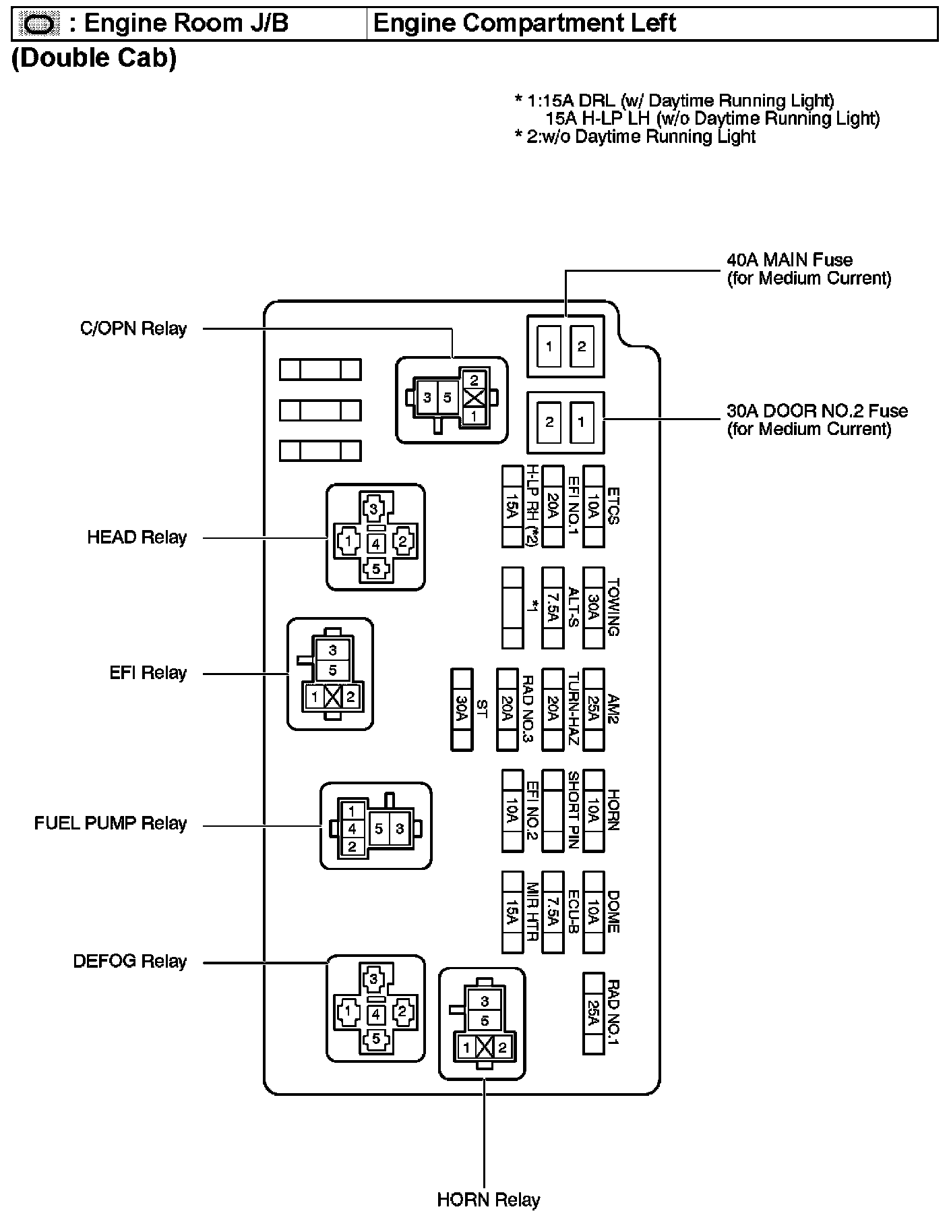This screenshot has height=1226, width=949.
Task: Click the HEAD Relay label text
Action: click(x=137, y=537)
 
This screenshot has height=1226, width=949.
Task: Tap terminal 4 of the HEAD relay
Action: click(x=375, y=543)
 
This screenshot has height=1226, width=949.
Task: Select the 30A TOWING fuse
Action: click(x=593, y=608)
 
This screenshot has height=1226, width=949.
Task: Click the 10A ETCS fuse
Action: click(x=593, y=506)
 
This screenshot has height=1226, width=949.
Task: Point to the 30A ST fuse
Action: click(x=462, y=709)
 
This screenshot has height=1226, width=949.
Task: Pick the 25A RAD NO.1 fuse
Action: click(x=593, y=1013)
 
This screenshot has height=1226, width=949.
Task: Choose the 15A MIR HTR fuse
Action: click(x=512, y=912)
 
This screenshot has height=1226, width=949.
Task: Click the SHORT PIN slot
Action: click(x=553, y=810)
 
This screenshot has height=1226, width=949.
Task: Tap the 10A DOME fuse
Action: click(x=593, y=912)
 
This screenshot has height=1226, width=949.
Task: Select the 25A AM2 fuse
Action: click(x=593, y=709)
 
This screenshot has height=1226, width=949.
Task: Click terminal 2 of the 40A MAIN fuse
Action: click(x=582, y=347)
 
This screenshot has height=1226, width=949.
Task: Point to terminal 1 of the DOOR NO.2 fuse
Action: click(x=582, y=423)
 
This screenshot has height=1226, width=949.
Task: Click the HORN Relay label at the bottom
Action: click(x=489, y=1200)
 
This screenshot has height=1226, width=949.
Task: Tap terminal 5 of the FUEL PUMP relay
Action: click(x=379, y=828)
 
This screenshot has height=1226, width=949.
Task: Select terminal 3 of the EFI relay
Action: click(x=333, y=651)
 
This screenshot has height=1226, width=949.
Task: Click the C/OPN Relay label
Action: click(x=133, y=328)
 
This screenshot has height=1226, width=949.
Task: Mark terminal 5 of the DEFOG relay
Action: click(x=375, y=1039)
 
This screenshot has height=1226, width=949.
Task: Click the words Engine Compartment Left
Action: click(x=524, y=24)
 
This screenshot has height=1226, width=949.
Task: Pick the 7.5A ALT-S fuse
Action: click(x=553, y=608)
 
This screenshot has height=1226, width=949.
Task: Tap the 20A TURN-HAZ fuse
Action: click(x=553, y=709)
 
